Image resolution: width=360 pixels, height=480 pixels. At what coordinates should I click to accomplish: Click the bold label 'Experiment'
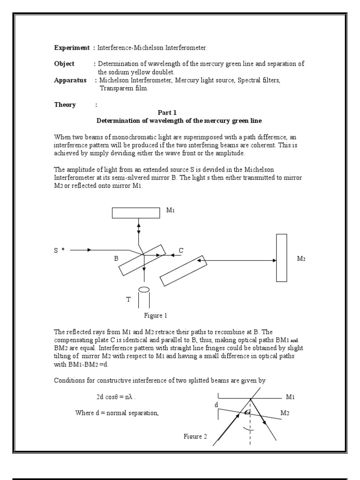72,48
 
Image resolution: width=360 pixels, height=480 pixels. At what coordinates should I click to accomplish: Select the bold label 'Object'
64,64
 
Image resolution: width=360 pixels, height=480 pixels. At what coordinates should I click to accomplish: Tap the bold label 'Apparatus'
70,80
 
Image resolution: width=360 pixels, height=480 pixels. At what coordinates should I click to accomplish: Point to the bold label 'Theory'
65,105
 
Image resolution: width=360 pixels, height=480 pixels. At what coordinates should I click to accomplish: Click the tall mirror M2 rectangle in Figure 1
281,257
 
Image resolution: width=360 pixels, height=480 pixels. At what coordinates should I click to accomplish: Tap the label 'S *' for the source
58,251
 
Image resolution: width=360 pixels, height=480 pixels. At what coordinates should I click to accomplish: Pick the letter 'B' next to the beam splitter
116,258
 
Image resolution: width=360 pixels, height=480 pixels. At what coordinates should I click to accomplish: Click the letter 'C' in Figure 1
181,251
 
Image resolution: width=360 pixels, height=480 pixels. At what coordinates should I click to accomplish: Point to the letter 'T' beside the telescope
128,299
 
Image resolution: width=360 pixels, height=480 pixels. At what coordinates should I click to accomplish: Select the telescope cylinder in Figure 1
144,298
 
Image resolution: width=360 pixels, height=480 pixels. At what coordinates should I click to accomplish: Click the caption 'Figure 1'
156,315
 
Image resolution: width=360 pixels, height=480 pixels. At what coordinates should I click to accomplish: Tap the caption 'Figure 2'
195,436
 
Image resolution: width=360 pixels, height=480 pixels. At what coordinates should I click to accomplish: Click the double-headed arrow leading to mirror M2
237,260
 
